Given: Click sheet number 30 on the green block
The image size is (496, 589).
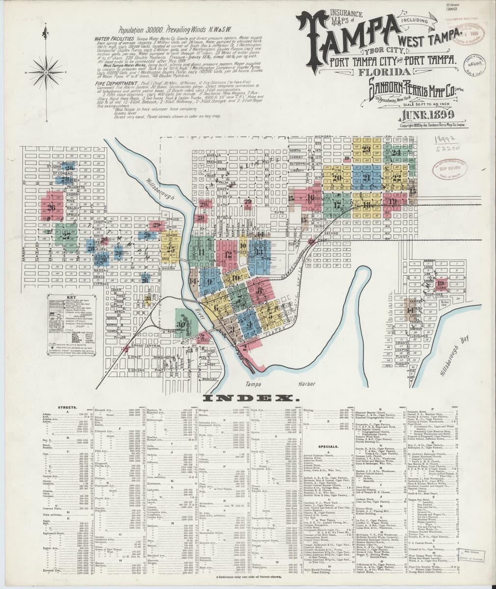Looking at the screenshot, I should (182, 324).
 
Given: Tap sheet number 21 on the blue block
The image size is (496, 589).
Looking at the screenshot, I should (366, 178).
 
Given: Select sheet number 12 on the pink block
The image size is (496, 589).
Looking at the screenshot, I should (229, 254).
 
